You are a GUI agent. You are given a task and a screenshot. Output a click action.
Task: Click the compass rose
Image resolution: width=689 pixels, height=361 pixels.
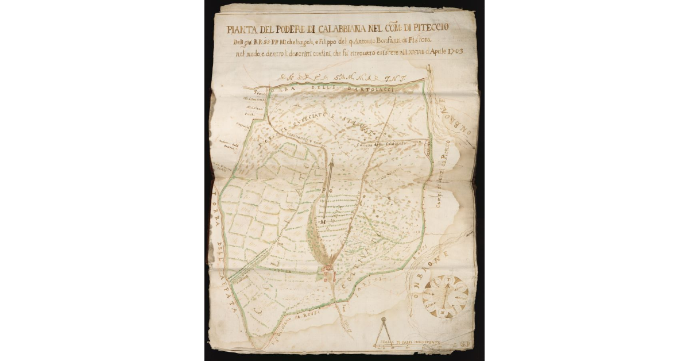[x=446, y=295]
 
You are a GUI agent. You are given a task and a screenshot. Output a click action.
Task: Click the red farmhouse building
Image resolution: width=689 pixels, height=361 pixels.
[x=329, y=272]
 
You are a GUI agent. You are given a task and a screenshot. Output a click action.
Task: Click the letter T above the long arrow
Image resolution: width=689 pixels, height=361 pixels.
[x=331, y=156]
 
